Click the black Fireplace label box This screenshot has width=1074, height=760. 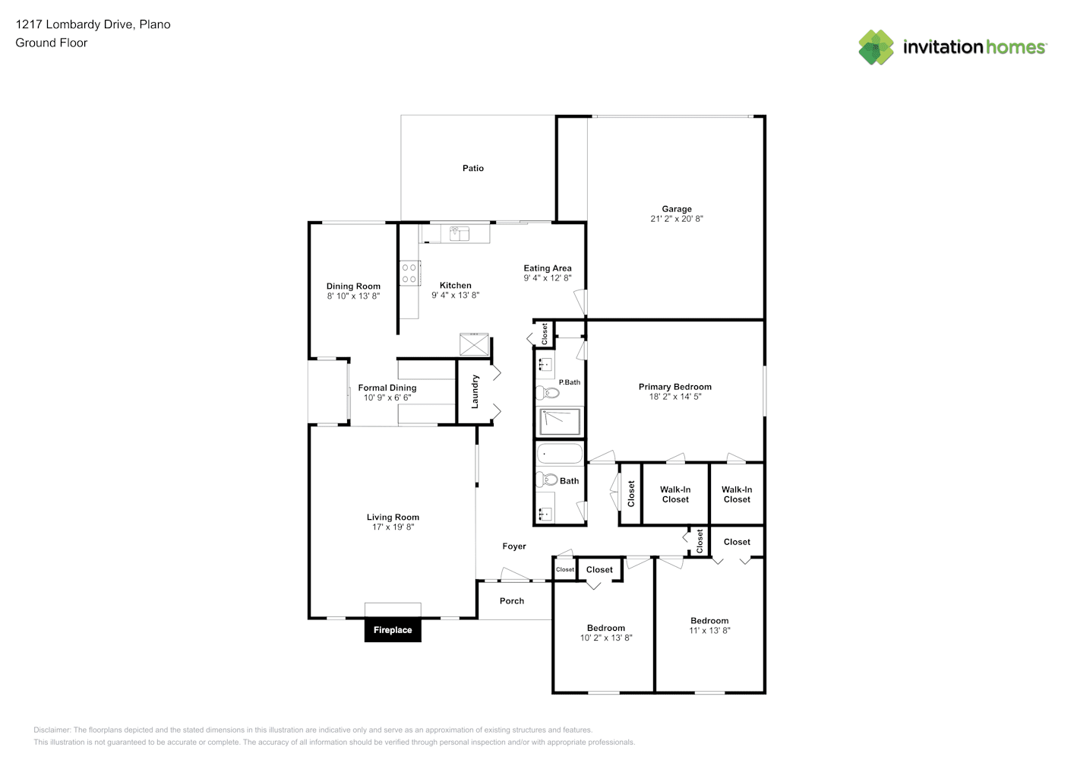(393, 630)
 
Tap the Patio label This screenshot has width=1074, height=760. (472, 169)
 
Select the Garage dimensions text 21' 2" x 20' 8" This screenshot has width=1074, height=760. (677, 219)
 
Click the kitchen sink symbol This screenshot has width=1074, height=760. (460, 233)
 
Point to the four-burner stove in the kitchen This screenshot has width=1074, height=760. (409, 273)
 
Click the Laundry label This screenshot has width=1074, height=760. (475, 392)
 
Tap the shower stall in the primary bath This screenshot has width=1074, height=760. (560, 422)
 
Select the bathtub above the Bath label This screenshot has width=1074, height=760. (560, 454)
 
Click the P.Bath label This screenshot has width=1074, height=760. (569, 382)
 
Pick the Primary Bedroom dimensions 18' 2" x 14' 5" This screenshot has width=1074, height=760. (675, 397)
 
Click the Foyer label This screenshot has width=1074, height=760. (514, 546)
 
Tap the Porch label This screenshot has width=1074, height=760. (512, 601)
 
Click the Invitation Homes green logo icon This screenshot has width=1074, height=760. (876, 47)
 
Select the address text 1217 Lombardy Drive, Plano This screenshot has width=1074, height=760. (93, 24)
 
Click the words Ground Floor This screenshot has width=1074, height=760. (52, 43)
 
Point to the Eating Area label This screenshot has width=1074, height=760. (548, 268)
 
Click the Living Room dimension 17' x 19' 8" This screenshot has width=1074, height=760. (393, 527)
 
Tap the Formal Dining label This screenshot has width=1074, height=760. (387, 388)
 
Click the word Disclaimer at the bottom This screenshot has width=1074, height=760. (52, 730)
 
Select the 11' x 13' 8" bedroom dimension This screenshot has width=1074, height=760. (709, 631)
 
